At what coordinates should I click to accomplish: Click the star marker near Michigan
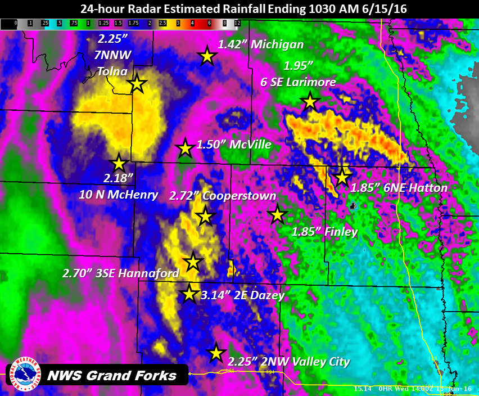207,56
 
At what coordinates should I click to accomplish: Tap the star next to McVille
185,148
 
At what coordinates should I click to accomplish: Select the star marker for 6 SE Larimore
310,102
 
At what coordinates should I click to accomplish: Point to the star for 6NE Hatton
341,177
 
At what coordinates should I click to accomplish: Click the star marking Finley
277,214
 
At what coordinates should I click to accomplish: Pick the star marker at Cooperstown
205,215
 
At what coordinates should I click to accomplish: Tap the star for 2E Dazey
189,294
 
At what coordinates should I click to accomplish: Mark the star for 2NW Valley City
215,353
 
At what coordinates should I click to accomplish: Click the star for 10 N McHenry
119,163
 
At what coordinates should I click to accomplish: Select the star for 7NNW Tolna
137,85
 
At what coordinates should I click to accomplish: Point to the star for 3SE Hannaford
193,261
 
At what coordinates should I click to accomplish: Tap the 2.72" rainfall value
183,196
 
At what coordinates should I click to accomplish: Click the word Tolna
112,71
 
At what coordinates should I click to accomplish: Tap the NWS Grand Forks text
111,375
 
